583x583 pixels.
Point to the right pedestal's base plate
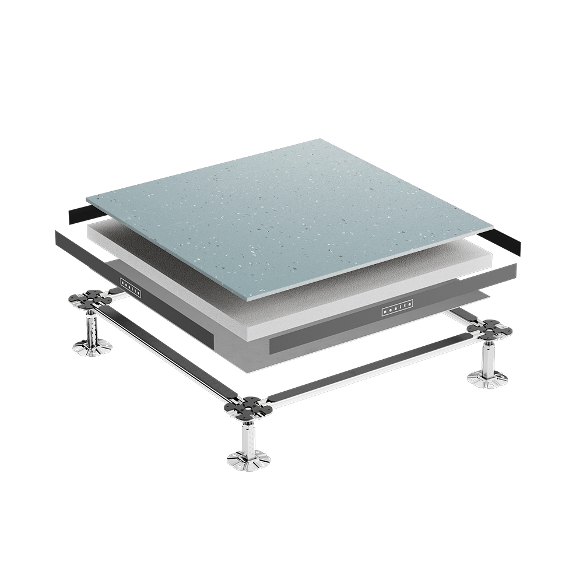[x=487, y=380]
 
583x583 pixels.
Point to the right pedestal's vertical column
[x=487, y=359]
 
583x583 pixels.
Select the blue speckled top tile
[x=291, y=210]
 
